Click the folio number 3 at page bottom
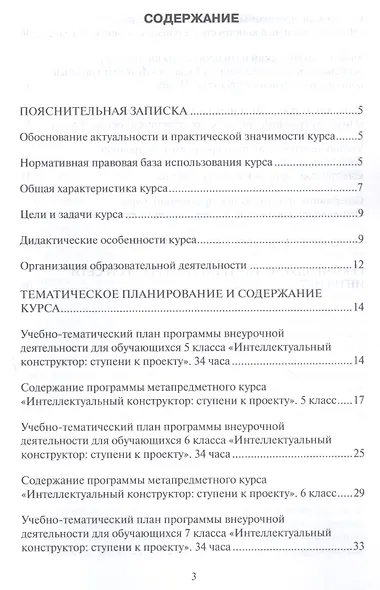coord(191,577)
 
